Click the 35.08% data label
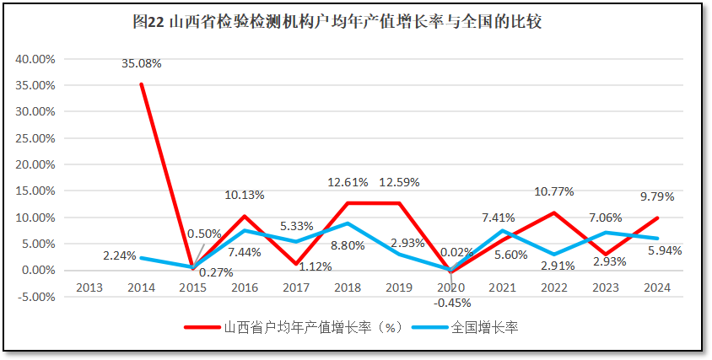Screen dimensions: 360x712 (x=141, y=62)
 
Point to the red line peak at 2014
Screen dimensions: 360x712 (x=141, y=83)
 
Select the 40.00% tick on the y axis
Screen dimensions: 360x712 (x=35, y=59)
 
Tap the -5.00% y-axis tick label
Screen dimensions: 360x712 (x=35, y=296)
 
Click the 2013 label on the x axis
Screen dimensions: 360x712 (x=89, y=287)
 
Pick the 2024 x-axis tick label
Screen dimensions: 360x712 (x=656, y=287)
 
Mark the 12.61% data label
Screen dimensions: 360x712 (x=347, y=182)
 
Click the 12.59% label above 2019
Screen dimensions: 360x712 (x=399, y=182)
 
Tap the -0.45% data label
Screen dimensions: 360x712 (x=452, y=303)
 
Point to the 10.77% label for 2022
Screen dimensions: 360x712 (x=553, y=191)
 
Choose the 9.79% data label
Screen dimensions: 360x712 (x=656, y=196)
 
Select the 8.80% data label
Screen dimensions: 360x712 (x=347, y=246)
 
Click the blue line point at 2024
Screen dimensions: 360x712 (x=656, y=238)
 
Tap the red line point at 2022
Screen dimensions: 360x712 (x=553, y=212)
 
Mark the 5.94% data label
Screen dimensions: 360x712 (x=666, y=250)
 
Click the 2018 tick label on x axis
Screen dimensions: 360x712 (x=347, y=287)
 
